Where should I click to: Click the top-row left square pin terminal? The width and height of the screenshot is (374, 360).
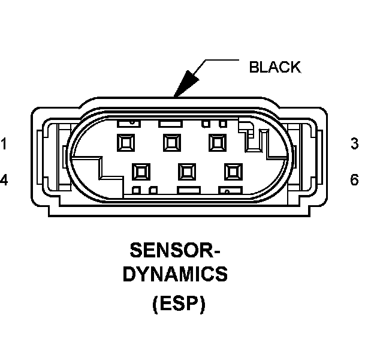coord(126,143)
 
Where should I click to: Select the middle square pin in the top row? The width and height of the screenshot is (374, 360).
coord(172,143)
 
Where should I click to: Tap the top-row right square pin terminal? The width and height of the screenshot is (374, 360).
coord(218,143)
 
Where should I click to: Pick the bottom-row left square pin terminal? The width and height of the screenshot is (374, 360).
coord(141,172)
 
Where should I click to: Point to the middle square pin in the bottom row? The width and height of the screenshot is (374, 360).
coord(187,172)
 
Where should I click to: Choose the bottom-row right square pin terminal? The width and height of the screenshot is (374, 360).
coord(234,172)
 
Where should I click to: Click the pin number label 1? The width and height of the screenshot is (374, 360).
coord(4,144)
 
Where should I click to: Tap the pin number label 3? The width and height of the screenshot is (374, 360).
coord(355,144)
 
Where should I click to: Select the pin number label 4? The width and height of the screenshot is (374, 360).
coord(4,180)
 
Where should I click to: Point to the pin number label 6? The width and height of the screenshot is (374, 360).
coord(354,180)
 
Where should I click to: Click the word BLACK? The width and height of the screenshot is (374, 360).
coord(275,67)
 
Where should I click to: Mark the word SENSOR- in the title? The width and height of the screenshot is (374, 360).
coord(175,250)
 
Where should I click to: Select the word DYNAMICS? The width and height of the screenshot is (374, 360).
coord(175,274)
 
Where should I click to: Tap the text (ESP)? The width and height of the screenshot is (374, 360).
coord(179,304)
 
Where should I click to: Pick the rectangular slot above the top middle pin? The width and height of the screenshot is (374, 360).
coord(171,124)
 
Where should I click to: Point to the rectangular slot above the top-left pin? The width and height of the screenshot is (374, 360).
coord(129,124)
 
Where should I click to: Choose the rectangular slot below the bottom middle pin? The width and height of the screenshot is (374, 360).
coord(189,190)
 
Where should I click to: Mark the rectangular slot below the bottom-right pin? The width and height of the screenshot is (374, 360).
coord(231,190)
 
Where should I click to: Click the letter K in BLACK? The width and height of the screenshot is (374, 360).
coord(295,67)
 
